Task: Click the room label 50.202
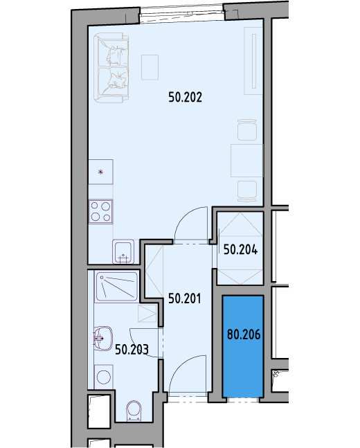point(185,97)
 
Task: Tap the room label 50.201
point(185,298)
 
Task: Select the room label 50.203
point(132,350)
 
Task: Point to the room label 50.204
point(240,250)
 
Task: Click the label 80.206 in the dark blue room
point(244,334)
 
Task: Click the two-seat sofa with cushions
point(111,68)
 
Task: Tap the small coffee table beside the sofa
point(150,67)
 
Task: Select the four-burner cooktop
point(100,212)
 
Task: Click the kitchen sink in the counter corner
point(123,252)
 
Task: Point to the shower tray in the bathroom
point(117,287)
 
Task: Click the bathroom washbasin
point(102,339)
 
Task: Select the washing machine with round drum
point(103,377)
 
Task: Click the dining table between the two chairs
point(246,161)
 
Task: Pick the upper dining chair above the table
point(247,130)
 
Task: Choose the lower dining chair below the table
point(247,191)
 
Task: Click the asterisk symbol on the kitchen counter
point(100,172)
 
